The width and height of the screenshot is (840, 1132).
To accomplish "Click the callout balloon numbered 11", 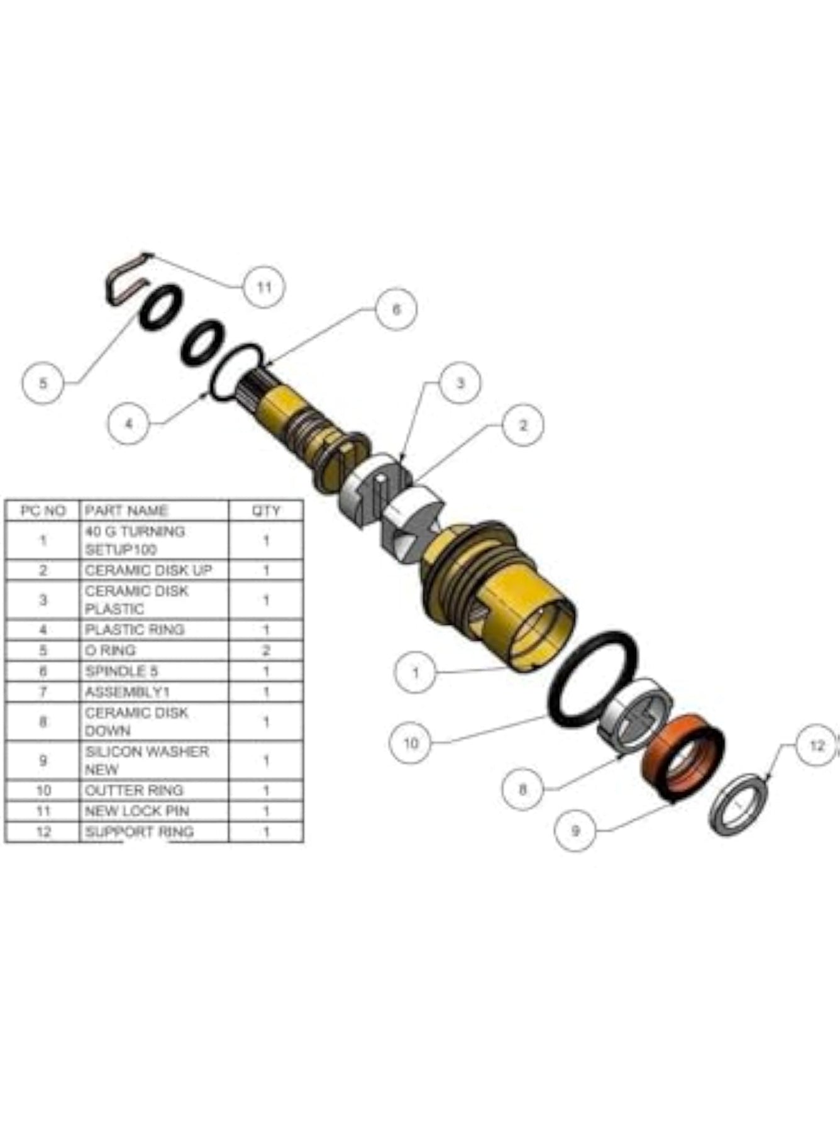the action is click(264, 287).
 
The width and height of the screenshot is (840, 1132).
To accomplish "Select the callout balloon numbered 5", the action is click(43, 382).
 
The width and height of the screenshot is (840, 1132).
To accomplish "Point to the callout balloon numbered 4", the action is click(129, 423).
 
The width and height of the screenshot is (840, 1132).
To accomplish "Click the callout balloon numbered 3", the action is click(460, 382).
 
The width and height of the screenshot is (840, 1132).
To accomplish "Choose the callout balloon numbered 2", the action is click(522, 425).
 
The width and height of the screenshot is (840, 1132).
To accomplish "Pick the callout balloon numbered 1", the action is click(415, 672).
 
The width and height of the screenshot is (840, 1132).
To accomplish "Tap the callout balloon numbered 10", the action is click(410, 743).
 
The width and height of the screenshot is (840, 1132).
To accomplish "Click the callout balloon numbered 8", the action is click(523, 789).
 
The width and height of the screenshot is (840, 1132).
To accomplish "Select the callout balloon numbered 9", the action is click(575, 831).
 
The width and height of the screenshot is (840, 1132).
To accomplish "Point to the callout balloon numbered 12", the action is click(817, 746).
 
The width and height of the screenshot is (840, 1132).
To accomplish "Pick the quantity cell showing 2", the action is click(266, 650).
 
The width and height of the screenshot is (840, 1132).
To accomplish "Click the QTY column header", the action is click(266, 511).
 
